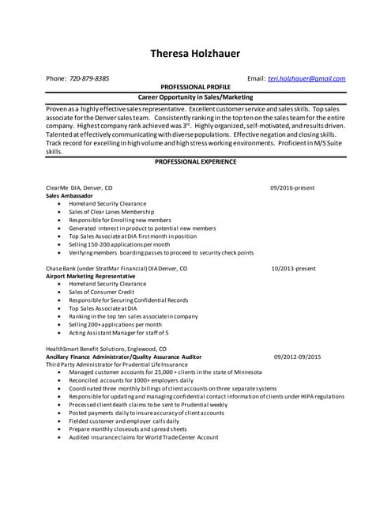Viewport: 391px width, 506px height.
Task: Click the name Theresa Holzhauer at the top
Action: [195, 55]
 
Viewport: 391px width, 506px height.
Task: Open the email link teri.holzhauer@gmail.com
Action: [306, 79]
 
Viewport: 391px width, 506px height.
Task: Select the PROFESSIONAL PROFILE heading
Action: [195, 88]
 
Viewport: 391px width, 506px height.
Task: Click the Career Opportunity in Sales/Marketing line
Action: [195, 96]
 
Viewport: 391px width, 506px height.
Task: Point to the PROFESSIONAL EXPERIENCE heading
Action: [195, 161]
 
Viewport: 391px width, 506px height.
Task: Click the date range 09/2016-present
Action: [292, 188]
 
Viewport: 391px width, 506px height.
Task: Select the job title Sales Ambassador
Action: [70, 195]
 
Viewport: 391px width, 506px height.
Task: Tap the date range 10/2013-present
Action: [293, 269]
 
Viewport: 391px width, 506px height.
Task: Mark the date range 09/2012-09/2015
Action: [298, 357]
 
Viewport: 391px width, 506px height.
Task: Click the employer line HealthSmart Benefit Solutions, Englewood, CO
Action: [106, 349]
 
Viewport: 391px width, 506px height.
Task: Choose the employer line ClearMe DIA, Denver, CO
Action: [79, 188]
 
